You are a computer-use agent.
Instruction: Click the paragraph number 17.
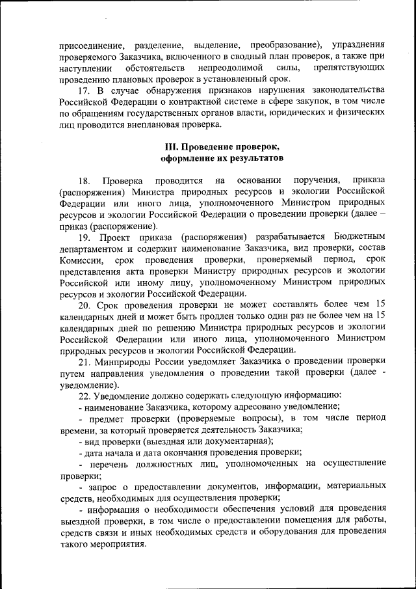(x=83, y=89)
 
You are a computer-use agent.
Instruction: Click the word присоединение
(x=92, y=45)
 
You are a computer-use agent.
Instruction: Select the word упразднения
(x=357, y=45)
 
